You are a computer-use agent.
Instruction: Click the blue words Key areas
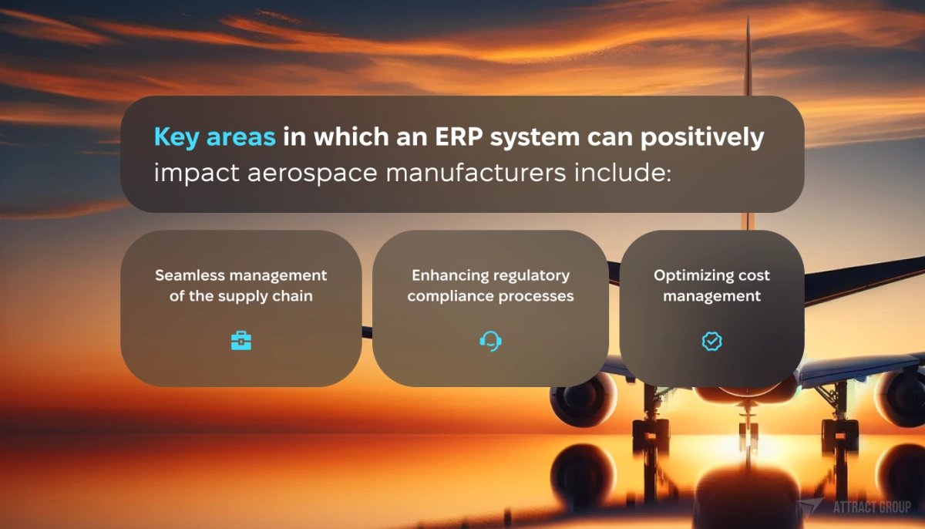[x=214, y=137]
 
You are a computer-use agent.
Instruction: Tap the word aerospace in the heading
[x=314, y=172]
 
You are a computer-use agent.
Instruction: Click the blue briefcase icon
[x=241, y=341]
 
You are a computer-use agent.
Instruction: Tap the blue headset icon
[x=490, y=341]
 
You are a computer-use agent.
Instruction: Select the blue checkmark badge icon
[x=711, y=341]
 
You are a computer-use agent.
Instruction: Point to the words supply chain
[x=269, y=296]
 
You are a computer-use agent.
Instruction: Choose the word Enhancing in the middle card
[x=446, y=275]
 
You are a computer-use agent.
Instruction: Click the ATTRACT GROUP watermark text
[x=871, y=507]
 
